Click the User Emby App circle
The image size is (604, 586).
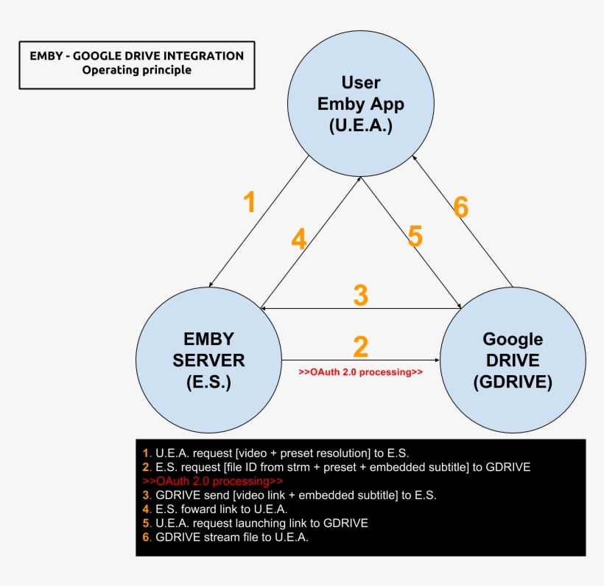(361, 104)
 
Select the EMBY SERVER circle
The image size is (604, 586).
(208, 360)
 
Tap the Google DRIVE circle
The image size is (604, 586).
(513, 360)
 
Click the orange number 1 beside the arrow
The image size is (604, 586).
(250, 202)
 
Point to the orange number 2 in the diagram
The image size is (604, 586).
(360, 346)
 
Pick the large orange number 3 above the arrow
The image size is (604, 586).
(360, 296)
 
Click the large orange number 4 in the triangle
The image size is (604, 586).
(299, 239)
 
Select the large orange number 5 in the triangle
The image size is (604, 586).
(415, 236)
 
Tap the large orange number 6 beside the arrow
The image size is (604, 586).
(460, 207)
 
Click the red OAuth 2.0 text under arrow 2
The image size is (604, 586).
(360, 372)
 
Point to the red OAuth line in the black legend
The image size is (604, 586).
(213, 481)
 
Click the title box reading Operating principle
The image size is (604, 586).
(137, 65)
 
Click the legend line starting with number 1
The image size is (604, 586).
(275, 453)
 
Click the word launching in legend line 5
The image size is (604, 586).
(262, 523)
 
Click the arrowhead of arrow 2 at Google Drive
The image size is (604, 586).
(438, 360)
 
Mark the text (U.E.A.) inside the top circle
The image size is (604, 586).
(361, 126)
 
